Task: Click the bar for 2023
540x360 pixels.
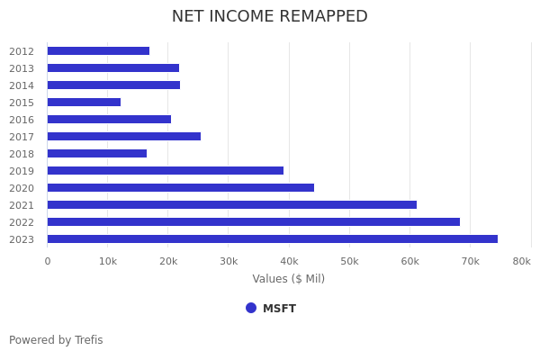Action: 272,239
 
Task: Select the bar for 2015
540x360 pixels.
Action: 84,103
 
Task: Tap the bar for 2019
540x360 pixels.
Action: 165,171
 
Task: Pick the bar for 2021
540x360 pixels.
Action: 231,205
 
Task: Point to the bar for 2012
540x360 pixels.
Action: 98,51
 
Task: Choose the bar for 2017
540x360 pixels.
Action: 123,137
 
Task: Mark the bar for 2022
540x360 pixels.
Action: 253,222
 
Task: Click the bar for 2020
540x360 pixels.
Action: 180,188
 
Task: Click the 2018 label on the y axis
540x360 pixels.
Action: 22,154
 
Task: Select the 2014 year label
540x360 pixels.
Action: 22,85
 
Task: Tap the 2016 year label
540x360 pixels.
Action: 22,120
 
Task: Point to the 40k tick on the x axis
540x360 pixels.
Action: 289,261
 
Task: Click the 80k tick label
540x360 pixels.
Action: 521,261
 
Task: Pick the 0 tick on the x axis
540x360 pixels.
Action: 48,261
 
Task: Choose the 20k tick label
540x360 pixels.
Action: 168,261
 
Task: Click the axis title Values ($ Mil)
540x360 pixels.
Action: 288,279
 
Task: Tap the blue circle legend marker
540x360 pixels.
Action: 251,308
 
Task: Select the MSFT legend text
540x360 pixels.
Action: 279,309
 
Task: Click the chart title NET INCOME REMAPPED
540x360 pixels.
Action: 270,16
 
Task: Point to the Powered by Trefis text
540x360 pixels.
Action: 56,340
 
